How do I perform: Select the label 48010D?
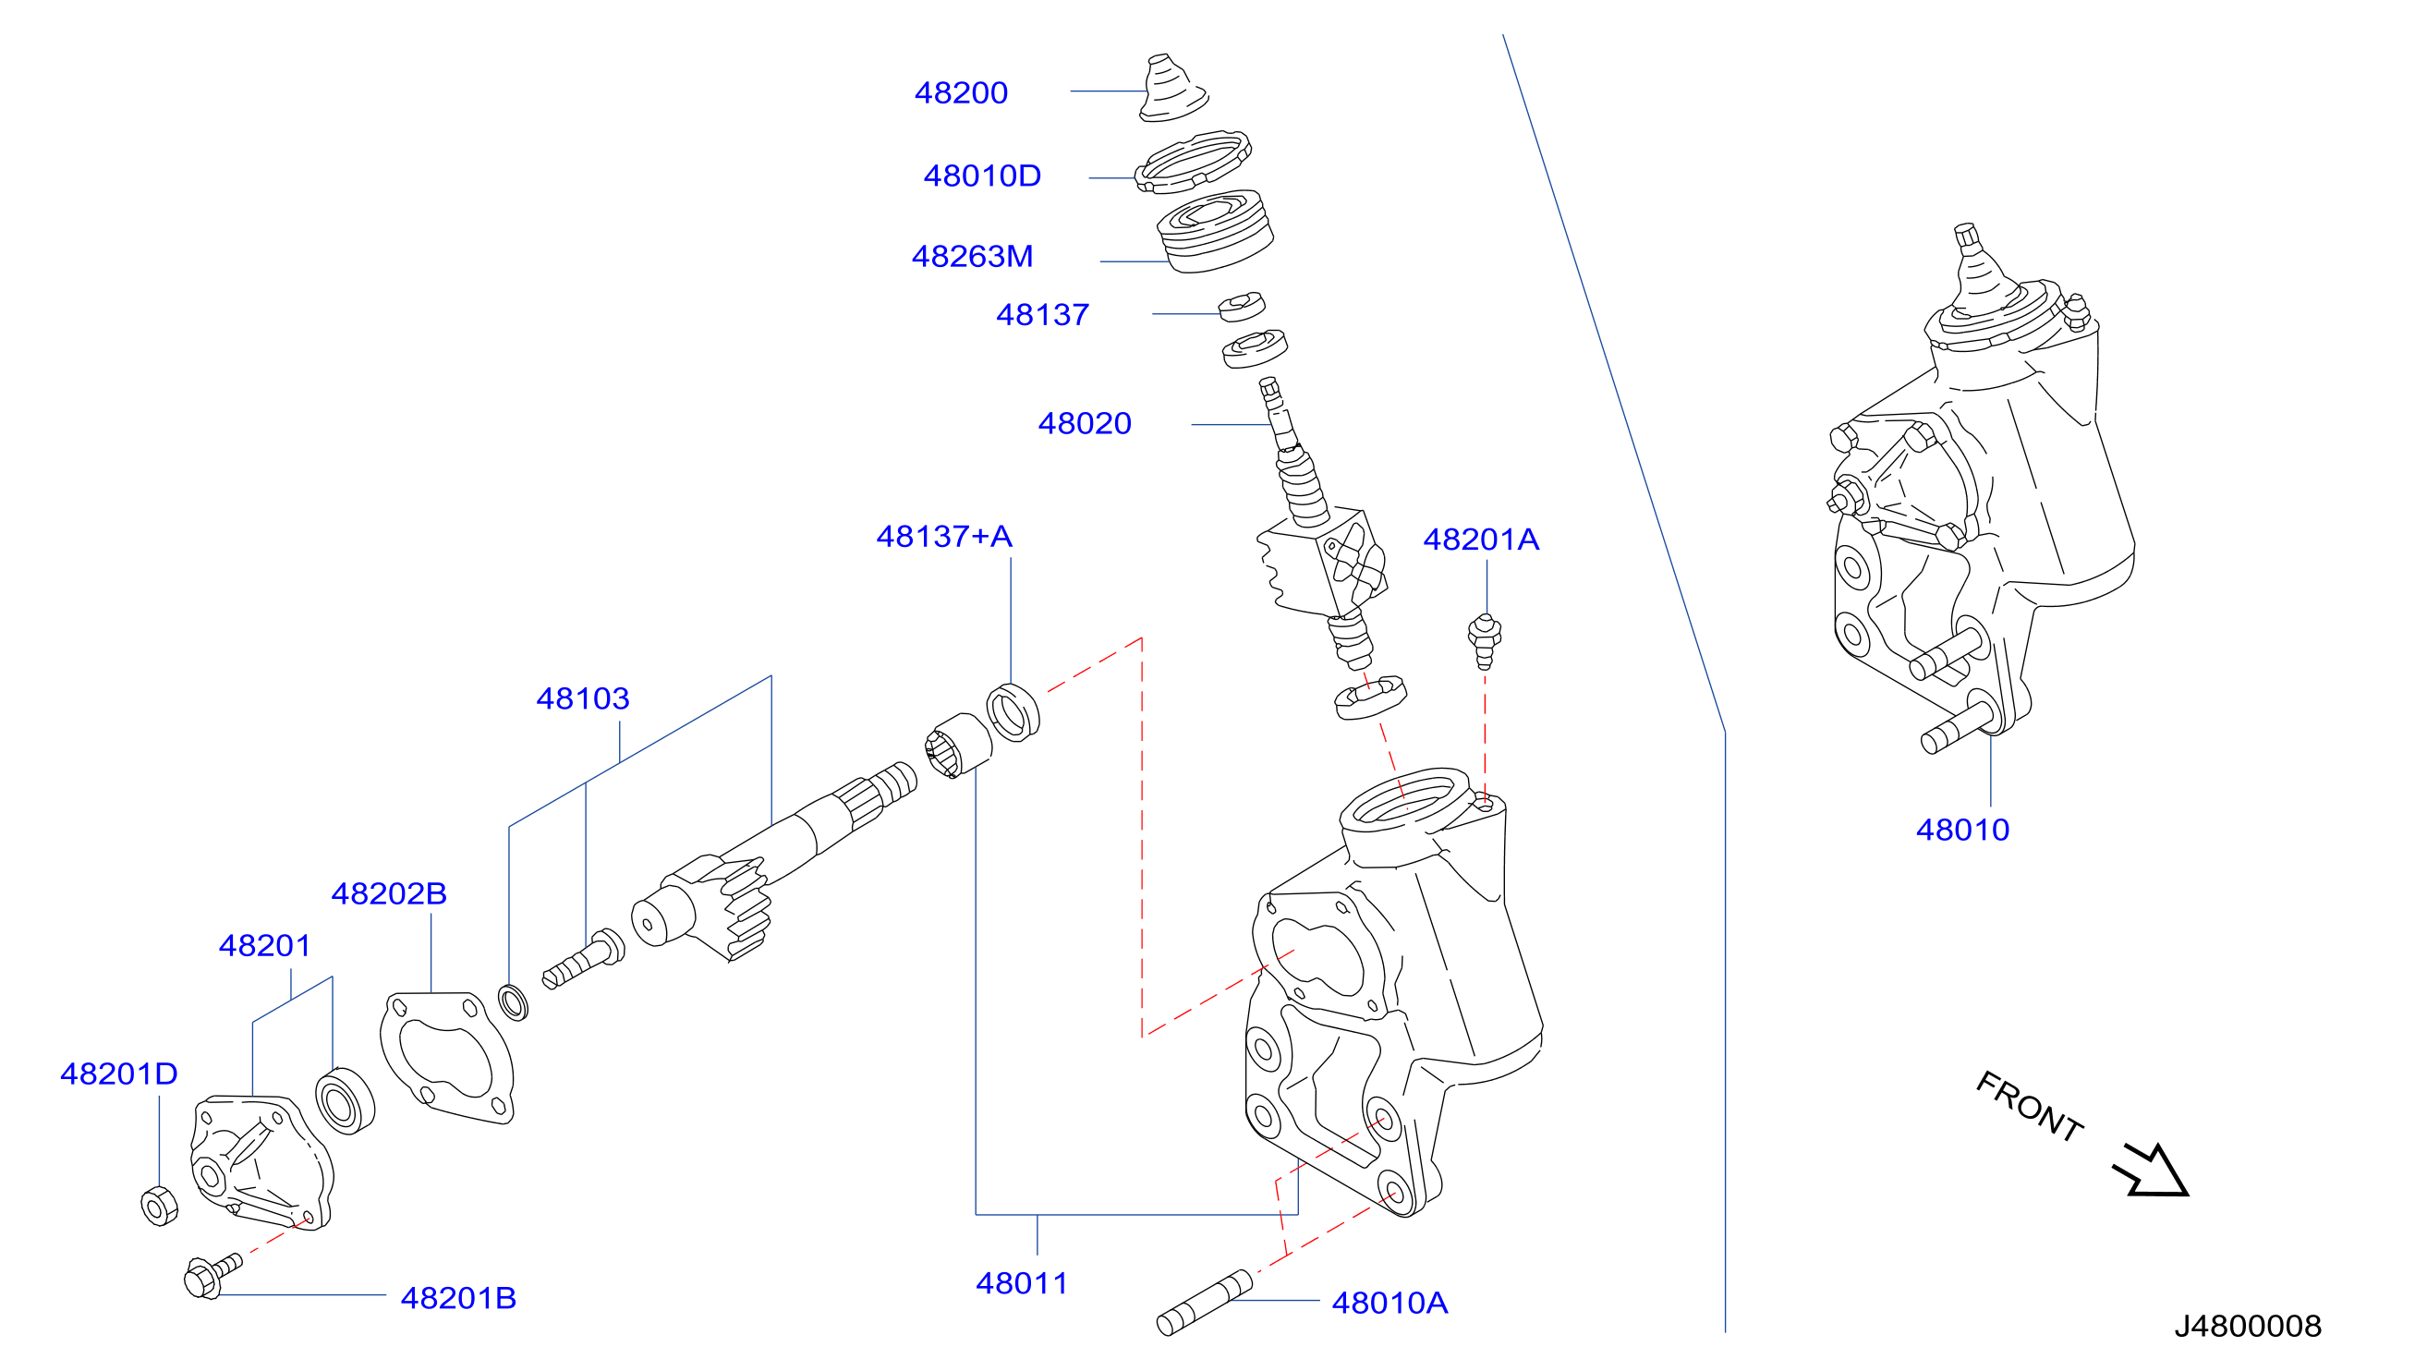click(x=982, y=176)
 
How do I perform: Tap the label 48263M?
click(x=973, y=256)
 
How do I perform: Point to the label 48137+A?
click(x=944, y=536)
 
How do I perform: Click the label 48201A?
click(x=1481, y=539)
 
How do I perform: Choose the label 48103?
click(x=583, y=698)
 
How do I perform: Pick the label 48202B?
click(x=389, y=892)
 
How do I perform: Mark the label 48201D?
click(x=118, y=1074)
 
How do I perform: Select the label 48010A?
click(x=1390, y=1303)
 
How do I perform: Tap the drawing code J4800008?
click(x=2248, y=1326)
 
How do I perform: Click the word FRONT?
click(x=2029, y=1107)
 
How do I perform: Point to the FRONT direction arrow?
click(x=2152, y=1171)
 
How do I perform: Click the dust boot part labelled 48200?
click(x=1172, y=89)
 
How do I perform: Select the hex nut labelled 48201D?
click(x=159, y=1207)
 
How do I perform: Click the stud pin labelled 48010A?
click(x=1205, y=1303)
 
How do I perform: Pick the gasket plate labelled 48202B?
click(x=447, y=1058)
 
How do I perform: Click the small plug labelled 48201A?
click(x=1485, y=640)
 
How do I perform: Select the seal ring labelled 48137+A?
click(x=1013, y=713)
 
